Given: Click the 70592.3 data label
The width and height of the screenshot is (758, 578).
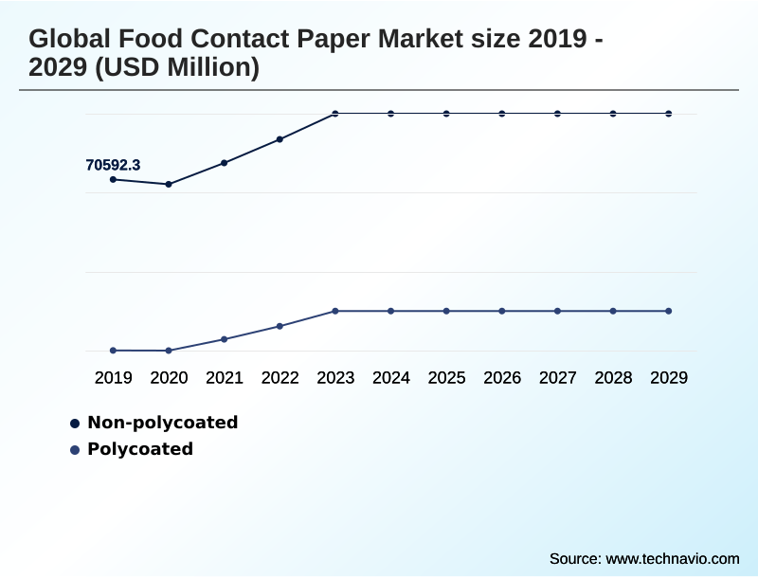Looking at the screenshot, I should click(x=113, y=165).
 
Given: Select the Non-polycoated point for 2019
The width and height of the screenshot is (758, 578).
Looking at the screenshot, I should click(x=114, y=179).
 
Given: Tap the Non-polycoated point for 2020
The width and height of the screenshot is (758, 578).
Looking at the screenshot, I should click(x=169, y=184).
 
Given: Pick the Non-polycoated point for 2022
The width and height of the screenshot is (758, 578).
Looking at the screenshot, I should click(x=280, y=139).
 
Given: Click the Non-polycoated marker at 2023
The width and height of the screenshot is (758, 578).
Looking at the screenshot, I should click(x=335, y=114).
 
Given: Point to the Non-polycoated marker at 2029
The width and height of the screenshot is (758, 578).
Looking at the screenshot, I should click(x=669, y=114).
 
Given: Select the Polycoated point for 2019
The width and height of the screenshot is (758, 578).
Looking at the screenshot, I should click(x=114, y=351).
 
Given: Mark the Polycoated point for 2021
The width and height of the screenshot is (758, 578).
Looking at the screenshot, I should click(x=225, y=339).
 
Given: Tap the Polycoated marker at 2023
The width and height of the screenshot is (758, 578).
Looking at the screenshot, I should click(x=335, y=311).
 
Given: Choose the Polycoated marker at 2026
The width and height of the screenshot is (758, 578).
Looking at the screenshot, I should click(x=502, y=311).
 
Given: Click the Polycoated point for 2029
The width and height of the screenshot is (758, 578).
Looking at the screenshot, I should click(x=669, y=311).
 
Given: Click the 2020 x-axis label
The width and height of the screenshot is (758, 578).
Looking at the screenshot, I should click(x=169, y=378).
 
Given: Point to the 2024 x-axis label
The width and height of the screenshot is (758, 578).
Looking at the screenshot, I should click(x=391, y=378).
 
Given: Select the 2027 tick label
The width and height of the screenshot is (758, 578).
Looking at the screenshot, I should click(x=558, y=378).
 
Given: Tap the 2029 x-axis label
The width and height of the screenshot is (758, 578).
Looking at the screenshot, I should click(x=669, y=378).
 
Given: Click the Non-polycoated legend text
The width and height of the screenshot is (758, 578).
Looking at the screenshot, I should click(x=162, y=423).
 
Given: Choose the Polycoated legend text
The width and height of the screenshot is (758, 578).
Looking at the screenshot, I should click(x=140, y=449).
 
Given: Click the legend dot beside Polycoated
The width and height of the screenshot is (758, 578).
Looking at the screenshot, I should click(x=75, y=450).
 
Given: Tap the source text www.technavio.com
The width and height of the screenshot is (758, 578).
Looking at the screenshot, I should click(x=673, y=558).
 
